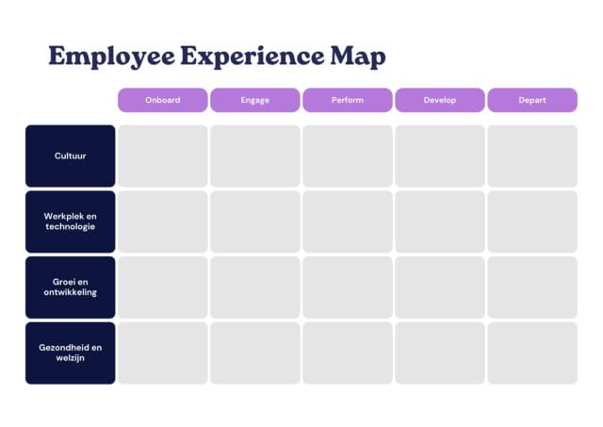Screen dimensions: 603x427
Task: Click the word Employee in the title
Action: coord(111,57)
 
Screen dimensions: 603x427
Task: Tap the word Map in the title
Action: coord(358,57)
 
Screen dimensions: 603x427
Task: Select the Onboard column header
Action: coord(163,100)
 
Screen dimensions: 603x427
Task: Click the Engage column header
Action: coord(255,100)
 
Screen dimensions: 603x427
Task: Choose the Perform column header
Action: coord(348,100)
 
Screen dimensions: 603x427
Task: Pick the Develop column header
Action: coord(440,100)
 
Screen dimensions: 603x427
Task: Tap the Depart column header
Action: coord(532,100)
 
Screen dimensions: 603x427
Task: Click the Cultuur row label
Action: coord(71,156)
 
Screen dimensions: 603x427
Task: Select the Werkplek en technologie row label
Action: coord(71,222)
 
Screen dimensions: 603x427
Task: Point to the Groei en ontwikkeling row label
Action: coord(71,287)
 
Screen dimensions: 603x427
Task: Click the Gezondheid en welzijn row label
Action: coord(71,353)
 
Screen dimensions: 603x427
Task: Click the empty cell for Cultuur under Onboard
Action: coord(163,156)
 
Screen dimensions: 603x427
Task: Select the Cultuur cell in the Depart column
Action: coord(532,156)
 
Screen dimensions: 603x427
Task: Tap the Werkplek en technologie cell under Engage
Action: coord(255,222)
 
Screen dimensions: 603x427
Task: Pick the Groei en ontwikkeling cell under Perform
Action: coord(348,287)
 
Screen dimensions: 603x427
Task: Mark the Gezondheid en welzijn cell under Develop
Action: coord(440,353)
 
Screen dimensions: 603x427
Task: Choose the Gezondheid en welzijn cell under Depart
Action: coord(532,353)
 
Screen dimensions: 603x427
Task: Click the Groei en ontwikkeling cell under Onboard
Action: coord(163,287)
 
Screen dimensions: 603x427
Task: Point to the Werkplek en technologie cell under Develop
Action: coord(440,222)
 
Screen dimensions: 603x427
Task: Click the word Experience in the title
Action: coord(253,57)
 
